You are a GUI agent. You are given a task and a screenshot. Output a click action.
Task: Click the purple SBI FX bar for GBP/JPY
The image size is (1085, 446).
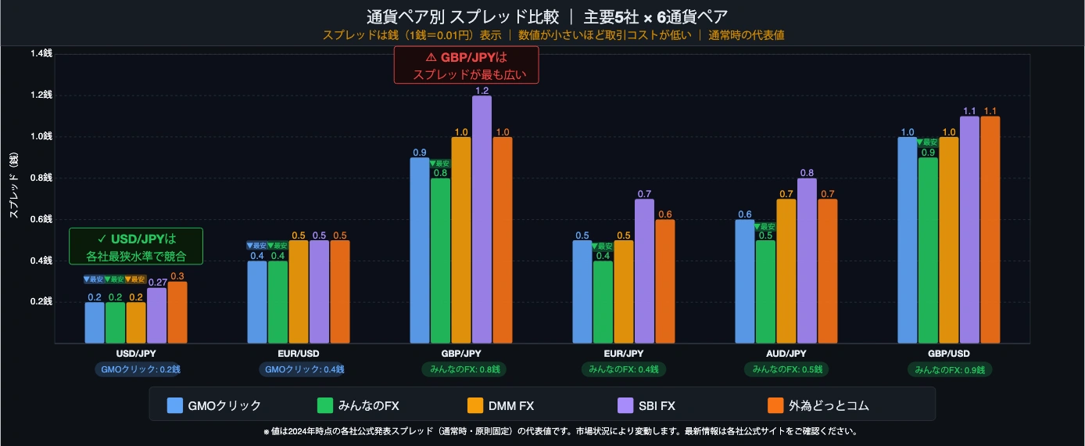coord(482,219)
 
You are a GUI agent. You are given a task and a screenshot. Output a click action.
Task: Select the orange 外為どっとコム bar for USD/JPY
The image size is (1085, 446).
coord(177,312)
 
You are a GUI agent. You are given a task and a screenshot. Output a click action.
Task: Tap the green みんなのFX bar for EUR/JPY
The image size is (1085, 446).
coord(603,302)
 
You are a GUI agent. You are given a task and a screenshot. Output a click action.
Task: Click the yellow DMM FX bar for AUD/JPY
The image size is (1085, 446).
coord(786,271)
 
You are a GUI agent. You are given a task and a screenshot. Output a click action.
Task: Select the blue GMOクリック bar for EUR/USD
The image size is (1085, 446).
coord(257,302)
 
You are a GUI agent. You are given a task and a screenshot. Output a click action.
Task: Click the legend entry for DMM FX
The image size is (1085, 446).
coord(500,405)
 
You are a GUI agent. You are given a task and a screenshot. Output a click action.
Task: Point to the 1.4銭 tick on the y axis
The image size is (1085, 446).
coord(41,54)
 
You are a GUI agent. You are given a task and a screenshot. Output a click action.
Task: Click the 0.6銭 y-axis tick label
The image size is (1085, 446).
coord(41,219)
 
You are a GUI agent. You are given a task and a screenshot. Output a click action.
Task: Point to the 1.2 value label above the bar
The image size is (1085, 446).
coord(482,91)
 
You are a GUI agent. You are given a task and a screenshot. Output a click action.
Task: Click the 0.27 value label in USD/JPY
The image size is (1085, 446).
coord(157,282)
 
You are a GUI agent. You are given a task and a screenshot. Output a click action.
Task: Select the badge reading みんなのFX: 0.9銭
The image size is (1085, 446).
coord(949,369)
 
